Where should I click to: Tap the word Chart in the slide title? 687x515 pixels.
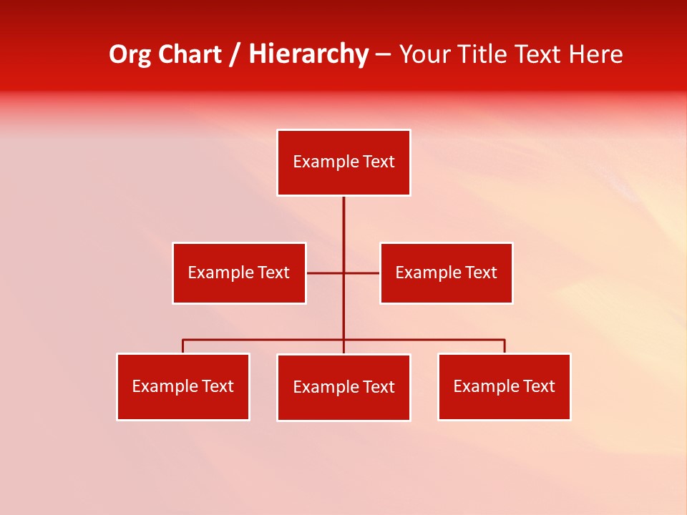(x=188, y=55)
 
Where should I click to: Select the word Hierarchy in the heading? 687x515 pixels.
(x=308, y=55)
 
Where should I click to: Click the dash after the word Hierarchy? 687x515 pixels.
(x=383, y=55)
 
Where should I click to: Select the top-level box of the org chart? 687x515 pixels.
(x=343, y=162)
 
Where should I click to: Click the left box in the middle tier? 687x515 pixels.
(x=239, y=273)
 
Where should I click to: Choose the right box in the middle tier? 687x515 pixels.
(x=446, y=273)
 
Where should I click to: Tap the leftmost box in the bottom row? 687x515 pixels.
(x=183, y=387)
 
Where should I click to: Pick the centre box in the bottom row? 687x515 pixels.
(x=343, y=388)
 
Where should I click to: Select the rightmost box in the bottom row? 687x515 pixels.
(x=504, y=387)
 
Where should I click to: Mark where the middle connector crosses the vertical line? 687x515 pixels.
(x=343, y=273)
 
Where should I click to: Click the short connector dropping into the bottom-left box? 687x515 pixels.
(x=183, y=346)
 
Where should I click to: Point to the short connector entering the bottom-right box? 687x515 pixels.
(x=505, y=346)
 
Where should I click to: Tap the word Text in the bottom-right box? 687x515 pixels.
(x=538, y=386)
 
